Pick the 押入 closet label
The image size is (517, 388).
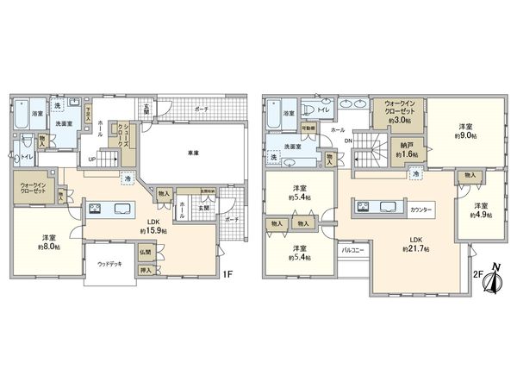tap(146, 271)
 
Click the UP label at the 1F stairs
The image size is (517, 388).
tap(92, 160)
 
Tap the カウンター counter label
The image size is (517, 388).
tap(421, 210)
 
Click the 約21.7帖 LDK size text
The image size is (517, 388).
tap(414, 248)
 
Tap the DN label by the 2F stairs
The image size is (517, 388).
tap(347, 141)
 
